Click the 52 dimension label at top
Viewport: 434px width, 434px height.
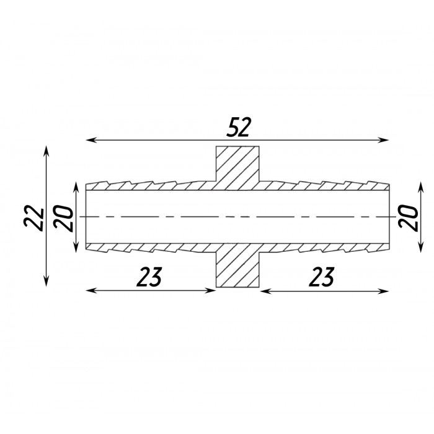point(238,127)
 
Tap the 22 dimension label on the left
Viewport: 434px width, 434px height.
point(34,218)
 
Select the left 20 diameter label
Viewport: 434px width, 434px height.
point(64,218)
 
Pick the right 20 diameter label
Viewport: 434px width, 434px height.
point(408,217)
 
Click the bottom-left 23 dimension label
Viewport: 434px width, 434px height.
point(149,277)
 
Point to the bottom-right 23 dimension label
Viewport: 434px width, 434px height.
point(322,277)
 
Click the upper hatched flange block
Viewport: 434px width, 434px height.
point(237,168)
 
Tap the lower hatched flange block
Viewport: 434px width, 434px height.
point(237,265)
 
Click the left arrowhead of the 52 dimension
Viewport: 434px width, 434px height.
point(91,140)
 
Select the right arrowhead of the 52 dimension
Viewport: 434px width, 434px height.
point(384,140)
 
